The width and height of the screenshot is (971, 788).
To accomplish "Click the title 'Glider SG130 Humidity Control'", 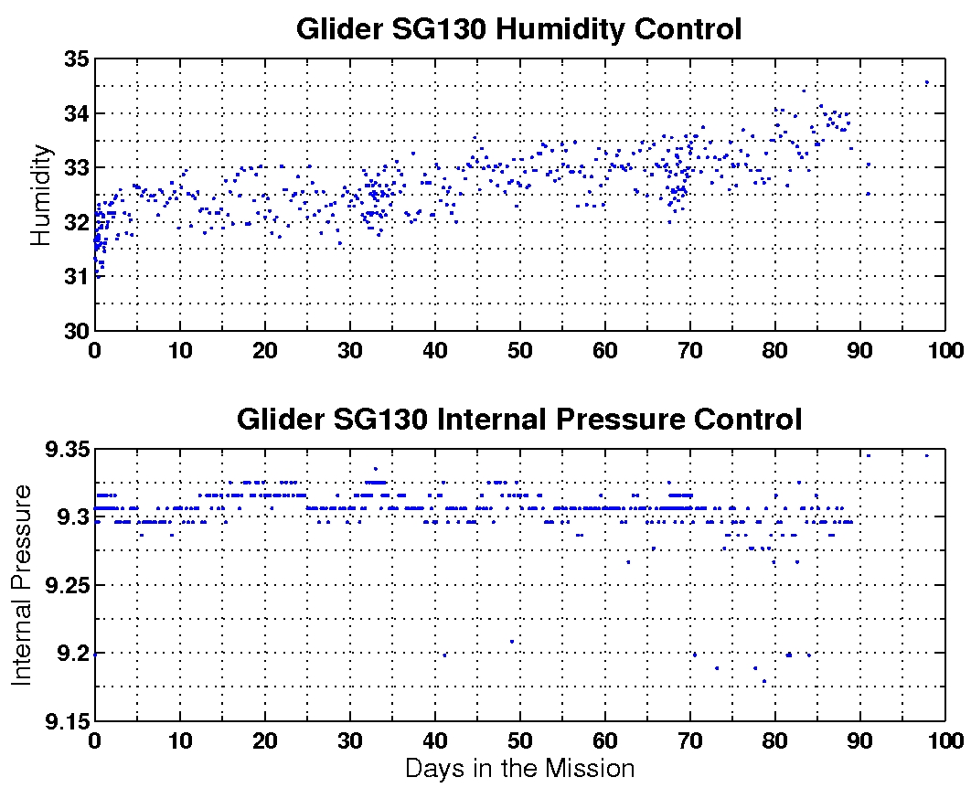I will coord(518,29).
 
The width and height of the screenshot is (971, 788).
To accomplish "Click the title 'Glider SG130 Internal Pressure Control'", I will coord(518,420).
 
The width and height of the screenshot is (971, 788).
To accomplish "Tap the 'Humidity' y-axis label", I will coord(41,196).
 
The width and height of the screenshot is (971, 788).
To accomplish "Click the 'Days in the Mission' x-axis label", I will coord(519,768).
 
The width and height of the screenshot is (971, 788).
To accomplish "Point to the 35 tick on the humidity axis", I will coord(75,59).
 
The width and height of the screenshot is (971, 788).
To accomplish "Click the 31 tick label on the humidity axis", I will coord(75,276).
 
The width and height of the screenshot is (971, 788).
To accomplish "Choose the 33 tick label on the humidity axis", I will coord(75,168).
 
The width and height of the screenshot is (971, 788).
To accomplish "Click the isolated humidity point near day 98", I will coord(926,82).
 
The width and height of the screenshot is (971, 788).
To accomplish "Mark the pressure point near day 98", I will coord(926,454).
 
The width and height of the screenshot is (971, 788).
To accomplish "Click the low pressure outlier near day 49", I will coord(511,641).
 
